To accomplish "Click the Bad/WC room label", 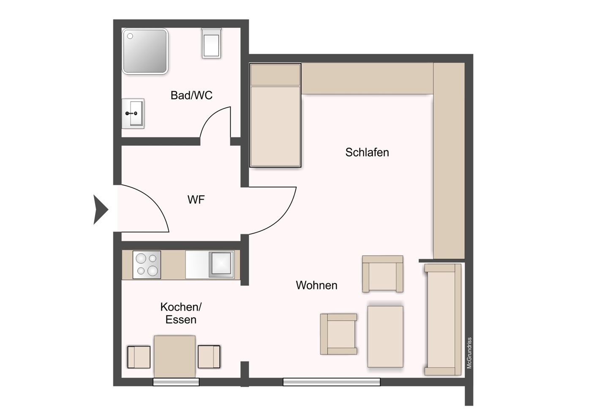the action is pyautogui.click(x=191, y=95).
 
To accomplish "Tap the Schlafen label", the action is pyautogui.click(x=367, y=152).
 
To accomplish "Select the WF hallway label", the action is pyautogui.click(x=196, y=199).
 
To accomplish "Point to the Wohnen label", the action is pyautogui.click(x=316, y=285).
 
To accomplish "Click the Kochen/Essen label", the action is pyautogui.click(x=181, y=313).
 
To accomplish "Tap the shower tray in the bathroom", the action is pyautogui.click(x=145, y=51).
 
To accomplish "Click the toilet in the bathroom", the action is pyautogui.click(x=211, y=43).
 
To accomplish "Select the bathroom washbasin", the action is pyautogui.click(x=133, y=113).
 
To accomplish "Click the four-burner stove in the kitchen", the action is pyautogui.click(x=147, y=265).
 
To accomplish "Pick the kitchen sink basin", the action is pyautogui.click(x=221, y=265).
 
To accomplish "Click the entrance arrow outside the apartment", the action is pyautogui.click(x=101, y=210).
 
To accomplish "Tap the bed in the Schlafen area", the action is pyautogui.click(x=275, y=115).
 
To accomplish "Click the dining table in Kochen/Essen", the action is pyautogui.click(x=174, y=357).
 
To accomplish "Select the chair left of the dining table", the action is pyautogui.click(x=139, y=357).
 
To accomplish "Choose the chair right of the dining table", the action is pyautogui.click(x=209, y=357).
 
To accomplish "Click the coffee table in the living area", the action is pyautogui.click(x=385, y=336).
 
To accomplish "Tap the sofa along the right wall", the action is pyautogui.click(x=443, y=320).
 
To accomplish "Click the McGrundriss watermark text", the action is pyautogui.click(x=469, y=353).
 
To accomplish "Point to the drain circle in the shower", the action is pyautogui.click(x=130, y=36).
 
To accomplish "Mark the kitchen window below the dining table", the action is pyautogui.click(x=176, y=382).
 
